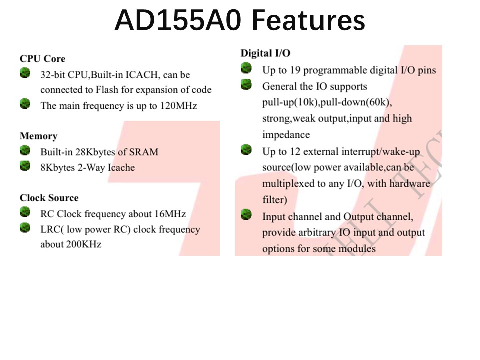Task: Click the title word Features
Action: [x=308, y=20]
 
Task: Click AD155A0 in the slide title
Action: [x=178, y=20]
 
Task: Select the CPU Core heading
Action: [x=42, y=59]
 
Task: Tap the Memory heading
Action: [x=38, y=136]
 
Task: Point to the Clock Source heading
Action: [x=49, y=198]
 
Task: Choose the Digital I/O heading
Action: [x=265, y=53]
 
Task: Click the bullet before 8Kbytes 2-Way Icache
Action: [x=25, y=166]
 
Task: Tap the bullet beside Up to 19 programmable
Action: [x=246, y=68]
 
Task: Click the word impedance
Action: [x=286, y=135]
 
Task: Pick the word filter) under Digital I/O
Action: [x=275, y=200]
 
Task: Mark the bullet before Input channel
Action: [x=246, y=215]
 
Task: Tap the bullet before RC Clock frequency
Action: [x=25, y=212]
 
